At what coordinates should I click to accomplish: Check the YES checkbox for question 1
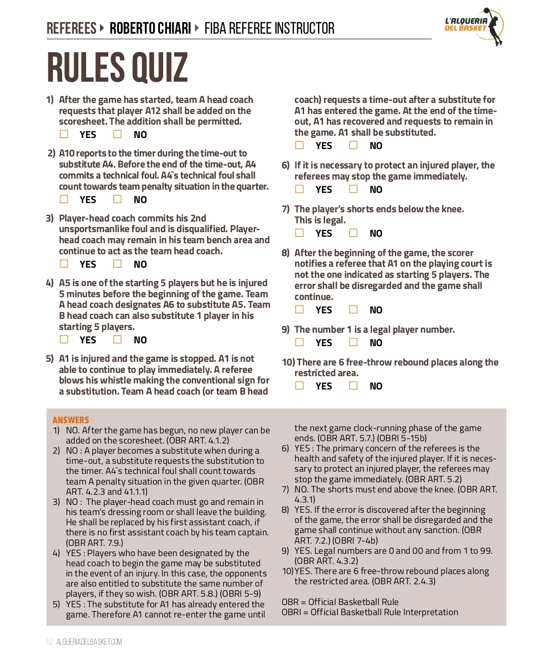point(64,134)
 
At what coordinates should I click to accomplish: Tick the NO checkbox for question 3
point(118,264)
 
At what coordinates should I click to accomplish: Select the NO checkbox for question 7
point(353,233)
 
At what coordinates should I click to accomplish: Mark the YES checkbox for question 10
point(300,386)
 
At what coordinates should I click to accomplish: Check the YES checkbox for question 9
point(300,342)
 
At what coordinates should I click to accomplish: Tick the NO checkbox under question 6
point(353,189)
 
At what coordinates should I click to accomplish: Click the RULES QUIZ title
point(118,68)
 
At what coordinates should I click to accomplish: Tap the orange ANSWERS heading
point(71,420)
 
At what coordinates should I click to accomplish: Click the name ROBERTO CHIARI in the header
point(150,29)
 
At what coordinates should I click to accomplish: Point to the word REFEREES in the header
point(71,29)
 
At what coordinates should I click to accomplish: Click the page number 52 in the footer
point(50,642)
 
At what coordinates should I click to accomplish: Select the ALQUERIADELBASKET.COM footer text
point(89,642)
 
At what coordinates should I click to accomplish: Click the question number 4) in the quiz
point(50,283)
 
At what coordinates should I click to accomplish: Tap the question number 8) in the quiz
point(286,253)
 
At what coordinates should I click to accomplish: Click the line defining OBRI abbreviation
point(370,612)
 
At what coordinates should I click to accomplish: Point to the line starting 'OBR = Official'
point(340,602)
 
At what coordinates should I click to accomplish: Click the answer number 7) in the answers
point(285,489)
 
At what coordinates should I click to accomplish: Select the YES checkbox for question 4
point(64,340)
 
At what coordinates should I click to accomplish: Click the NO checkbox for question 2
point(118,199)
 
